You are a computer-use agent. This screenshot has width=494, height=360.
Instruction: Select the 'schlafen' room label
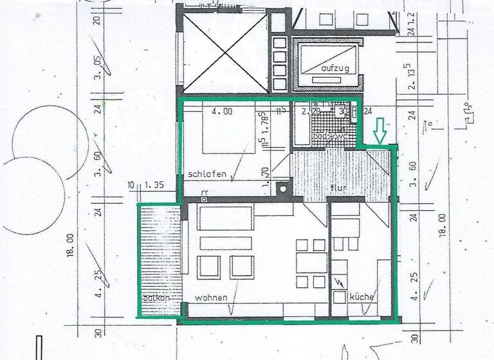coord(206,174)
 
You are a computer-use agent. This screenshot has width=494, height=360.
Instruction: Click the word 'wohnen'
coord(210,298)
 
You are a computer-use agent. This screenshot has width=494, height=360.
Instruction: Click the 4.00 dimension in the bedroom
coord(222,111)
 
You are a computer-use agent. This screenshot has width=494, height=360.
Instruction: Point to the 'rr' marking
coord(204,192)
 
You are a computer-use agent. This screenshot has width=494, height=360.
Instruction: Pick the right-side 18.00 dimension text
coord(442,226)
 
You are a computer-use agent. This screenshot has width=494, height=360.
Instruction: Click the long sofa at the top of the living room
coord(224,219)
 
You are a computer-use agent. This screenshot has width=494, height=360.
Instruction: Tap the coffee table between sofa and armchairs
coord(224,243)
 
